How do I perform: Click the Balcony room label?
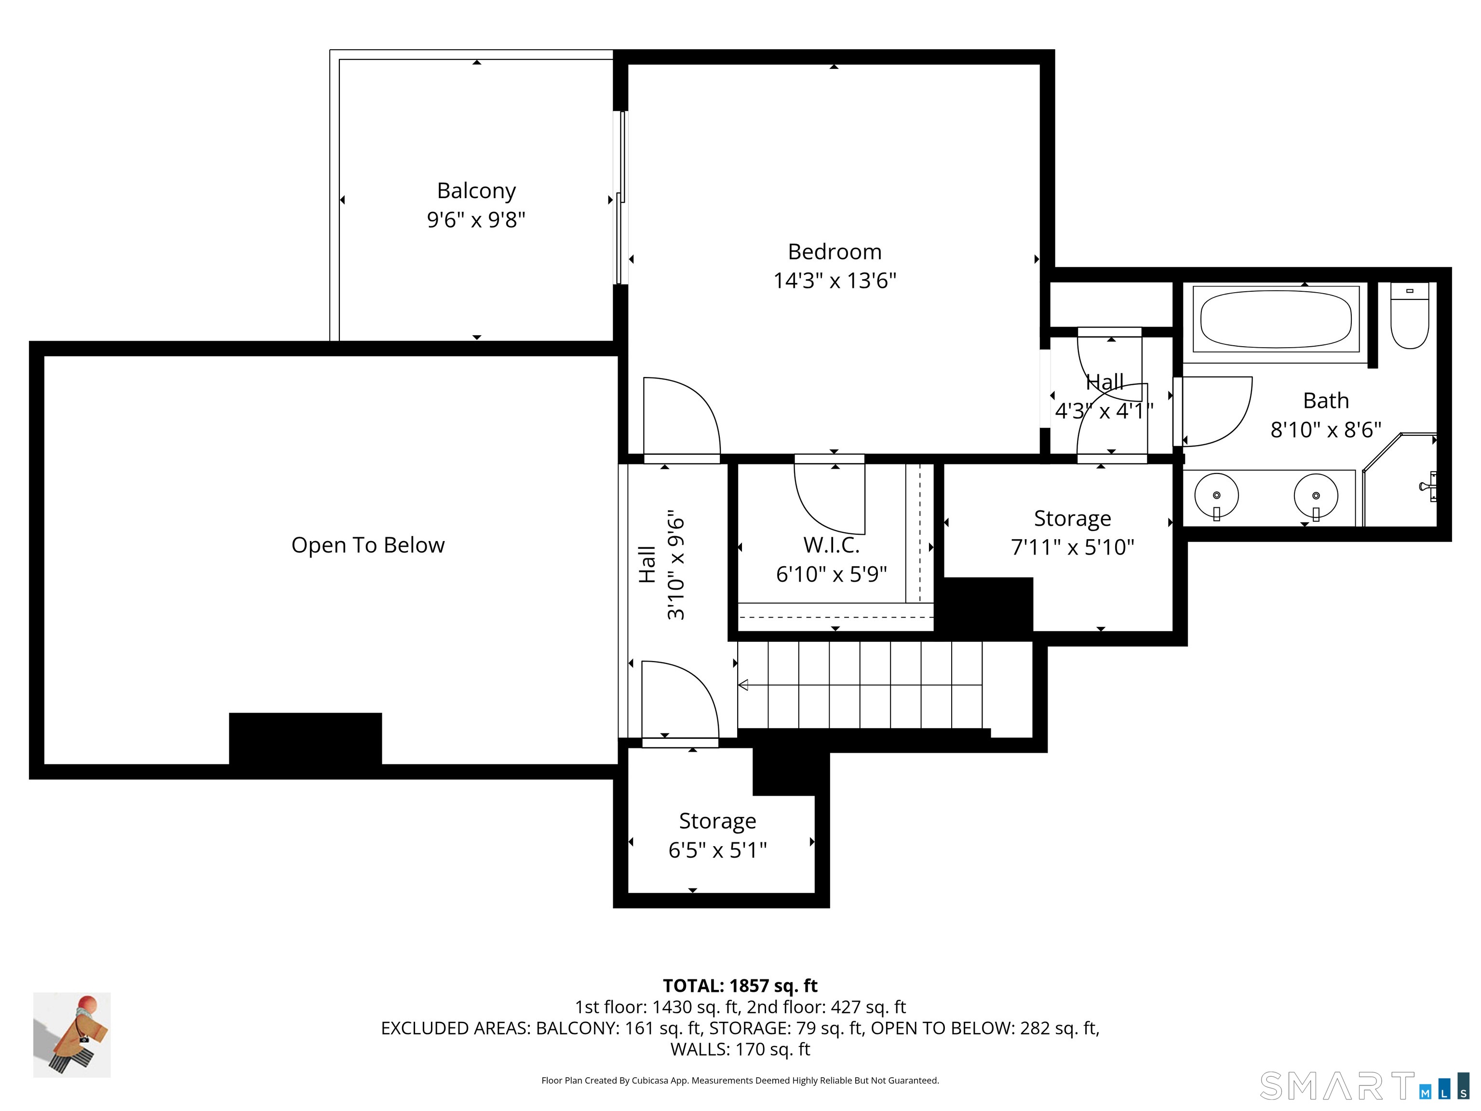coord(476,191)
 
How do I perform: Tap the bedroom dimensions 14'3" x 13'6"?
coord(834,281)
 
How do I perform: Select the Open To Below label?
coord(367,545)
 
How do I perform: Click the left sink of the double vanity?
coord(1216,496)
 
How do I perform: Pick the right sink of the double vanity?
coord(1316,496)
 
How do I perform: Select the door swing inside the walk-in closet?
coord(830,499)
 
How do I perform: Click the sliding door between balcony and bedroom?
coord(622,198)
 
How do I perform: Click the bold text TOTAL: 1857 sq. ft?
coord(740,986)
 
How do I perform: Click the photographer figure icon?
coord(72,1035)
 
